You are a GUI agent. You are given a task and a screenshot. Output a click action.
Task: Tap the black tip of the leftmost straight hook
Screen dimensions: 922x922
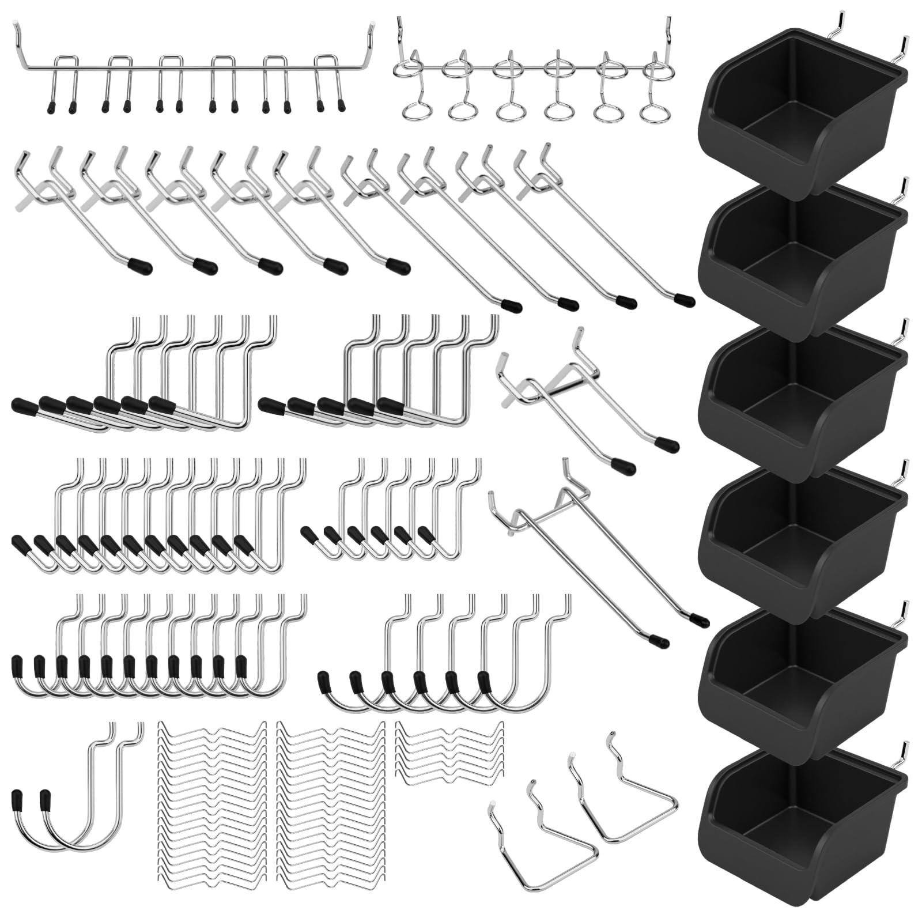tap(140, 267)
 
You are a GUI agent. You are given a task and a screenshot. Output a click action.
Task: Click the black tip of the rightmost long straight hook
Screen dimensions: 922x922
tap(684, 300)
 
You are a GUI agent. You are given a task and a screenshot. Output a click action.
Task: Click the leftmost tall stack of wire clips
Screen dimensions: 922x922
tap(212, 807)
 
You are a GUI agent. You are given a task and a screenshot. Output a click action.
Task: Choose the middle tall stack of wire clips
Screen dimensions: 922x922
tap(331, 807)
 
